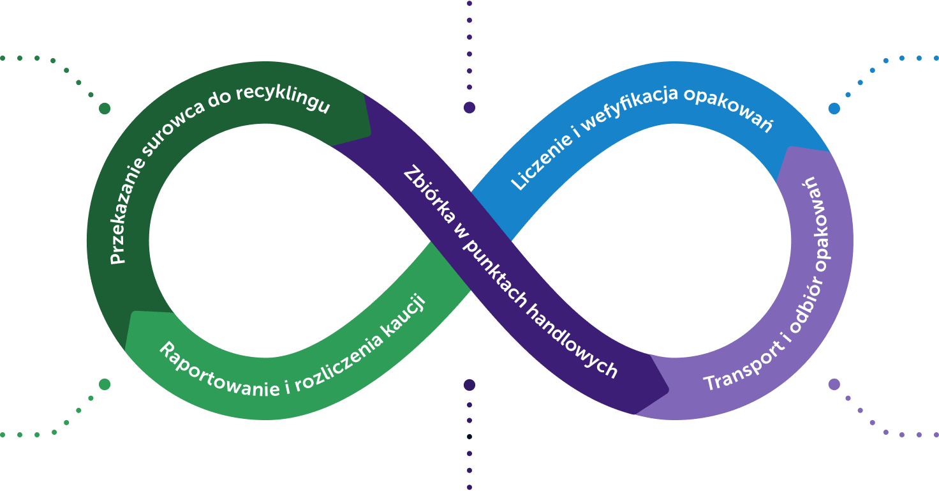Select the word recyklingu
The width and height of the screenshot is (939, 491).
click(295, 98)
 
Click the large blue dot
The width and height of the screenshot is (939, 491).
click(834, 109)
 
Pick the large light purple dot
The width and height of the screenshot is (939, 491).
click(834, 384)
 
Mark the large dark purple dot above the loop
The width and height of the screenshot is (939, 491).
click(470, 108)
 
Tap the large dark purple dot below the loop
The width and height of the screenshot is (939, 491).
click(470, 384)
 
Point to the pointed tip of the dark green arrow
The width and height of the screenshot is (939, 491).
click(371, 133)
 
